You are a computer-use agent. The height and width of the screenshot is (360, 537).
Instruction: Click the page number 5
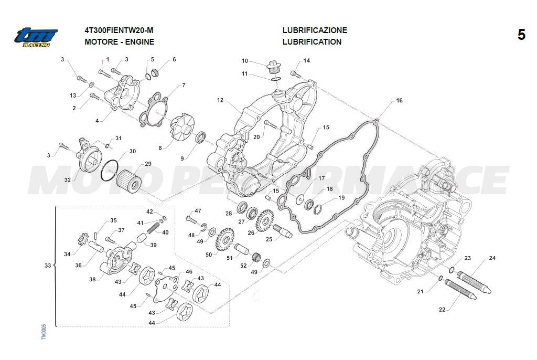[x=521, y=35]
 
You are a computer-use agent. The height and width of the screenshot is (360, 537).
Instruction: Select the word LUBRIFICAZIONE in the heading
[x=314, y=30]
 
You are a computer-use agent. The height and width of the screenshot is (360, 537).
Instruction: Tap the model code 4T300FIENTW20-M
[x=119, y=30]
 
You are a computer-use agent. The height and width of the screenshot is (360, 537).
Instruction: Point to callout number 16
[x=399, y=100]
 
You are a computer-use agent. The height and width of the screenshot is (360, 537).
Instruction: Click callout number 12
[x=220, y=100]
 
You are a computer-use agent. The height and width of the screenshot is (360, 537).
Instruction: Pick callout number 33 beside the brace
[x=48, y=266]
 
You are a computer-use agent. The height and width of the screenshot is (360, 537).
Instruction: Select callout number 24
[x=492, y=258]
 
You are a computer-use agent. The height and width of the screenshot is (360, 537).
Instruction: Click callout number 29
[x=148, y=164]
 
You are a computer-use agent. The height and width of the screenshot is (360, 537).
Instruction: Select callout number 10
[x=245, y=61]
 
